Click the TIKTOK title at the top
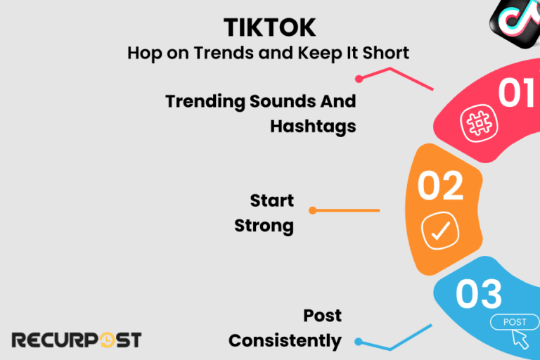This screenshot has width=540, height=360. coord(269,27)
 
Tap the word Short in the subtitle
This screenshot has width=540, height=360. coord(385,53)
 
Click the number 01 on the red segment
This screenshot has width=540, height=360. coord(517,94)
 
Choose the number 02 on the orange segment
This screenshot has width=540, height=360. coord(440,186)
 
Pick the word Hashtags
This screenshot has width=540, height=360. coord(313,126)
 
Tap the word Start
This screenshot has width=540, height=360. coord(271,201)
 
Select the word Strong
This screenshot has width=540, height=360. coord(264,226)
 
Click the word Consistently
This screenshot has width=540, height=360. coord(285,340)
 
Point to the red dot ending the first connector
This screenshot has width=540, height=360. coord(359,79)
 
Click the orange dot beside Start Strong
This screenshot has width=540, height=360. coord(312,210)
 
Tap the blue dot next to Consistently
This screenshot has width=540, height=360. coord(358,342)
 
